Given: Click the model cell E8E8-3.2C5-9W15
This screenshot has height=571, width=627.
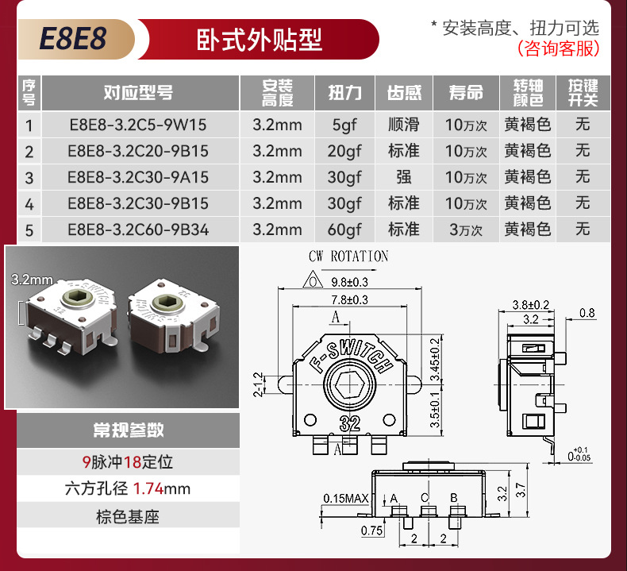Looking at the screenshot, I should (137, 125).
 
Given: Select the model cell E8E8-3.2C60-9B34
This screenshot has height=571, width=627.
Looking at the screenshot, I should (137, 230).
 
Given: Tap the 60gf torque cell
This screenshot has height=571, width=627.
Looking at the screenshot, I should (344, 230).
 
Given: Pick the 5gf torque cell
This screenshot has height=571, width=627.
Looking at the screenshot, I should (344, 125).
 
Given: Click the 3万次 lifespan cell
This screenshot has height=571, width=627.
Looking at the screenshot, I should (465, 230).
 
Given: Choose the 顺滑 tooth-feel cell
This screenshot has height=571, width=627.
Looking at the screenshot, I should (403, 125).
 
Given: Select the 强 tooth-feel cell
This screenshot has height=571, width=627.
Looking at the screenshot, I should (403, 178).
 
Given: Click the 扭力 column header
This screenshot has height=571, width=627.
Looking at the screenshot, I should (344, 93).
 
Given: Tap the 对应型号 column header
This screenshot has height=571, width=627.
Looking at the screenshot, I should (138, 93).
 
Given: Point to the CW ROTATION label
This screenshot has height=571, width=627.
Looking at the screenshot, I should (348, 257).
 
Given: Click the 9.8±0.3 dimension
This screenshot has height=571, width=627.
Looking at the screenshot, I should (349, 281).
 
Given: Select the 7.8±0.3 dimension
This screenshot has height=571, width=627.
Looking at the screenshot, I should (349, 299).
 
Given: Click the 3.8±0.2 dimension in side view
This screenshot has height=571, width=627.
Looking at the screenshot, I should (531, 304).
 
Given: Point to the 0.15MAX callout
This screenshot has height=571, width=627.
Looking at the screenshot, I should (346, 499).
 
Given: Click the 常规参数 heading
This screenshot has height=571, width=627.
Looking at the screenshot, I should (128, 430).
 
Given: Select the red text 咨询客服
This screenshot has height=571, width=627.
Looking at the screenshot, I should (558, 49).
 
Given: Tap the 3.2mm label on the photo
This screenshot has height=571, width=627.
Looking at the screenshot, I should (32, 279).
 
